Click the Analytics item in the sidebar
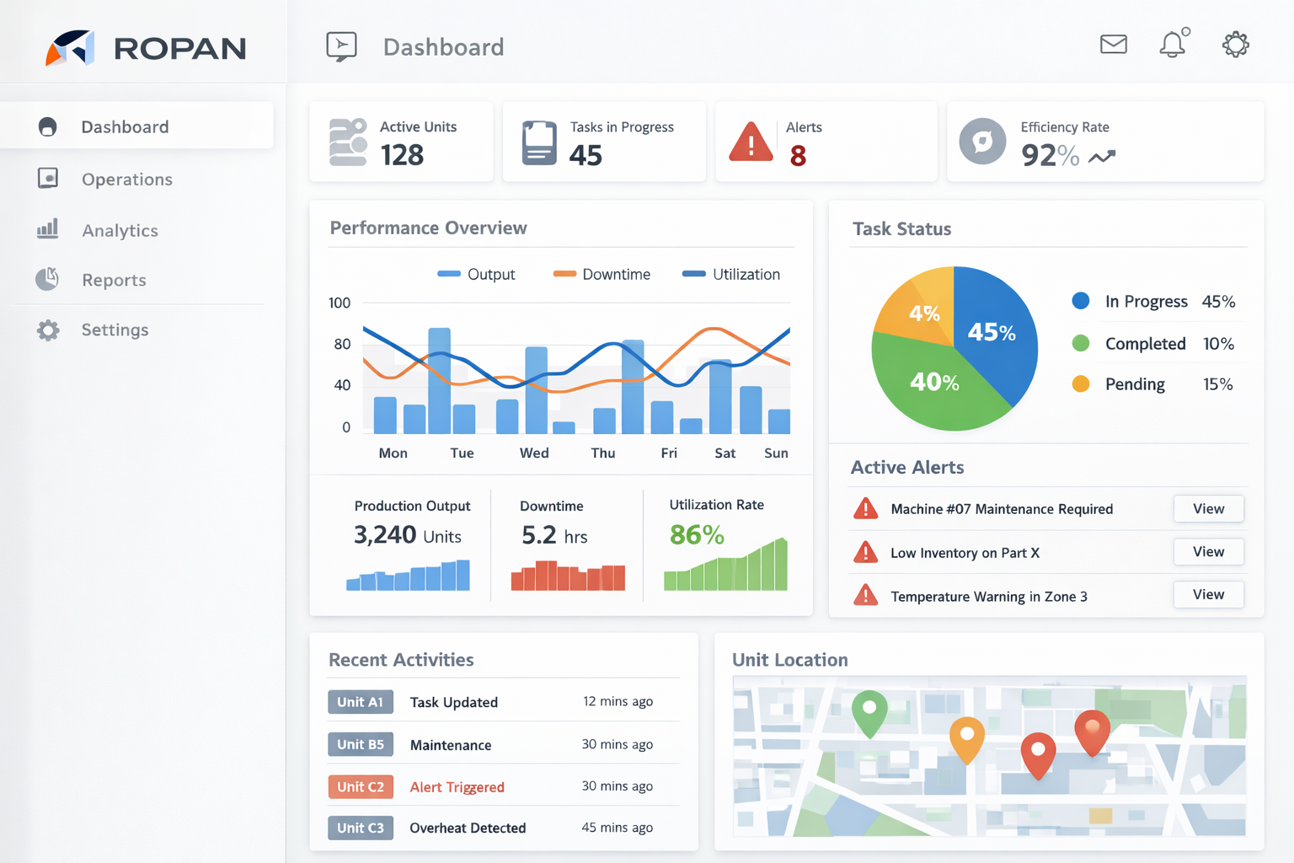(119, 230)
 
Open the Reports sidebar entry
(114, 280)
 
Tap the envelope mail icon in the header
(1113, 44)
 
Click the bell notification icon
(1173, 44)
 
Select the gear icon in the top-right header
(1235, 44)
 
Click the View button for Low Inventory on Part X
(1208, 552)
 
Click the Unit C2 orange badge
(361, 786)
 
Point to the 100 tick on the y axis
(340, 303)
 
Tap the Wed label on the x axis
(534, 453)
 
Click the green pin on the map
(869, 710)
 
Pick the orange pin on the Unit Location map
(967, 737)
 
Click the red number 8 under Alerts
(798, 156)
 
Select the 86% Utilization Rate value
(697, 534)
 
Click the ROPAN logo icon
(70, 48)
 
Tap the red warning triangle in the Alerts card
(751, 142)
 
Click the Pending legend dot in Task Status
(1081, 384)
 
